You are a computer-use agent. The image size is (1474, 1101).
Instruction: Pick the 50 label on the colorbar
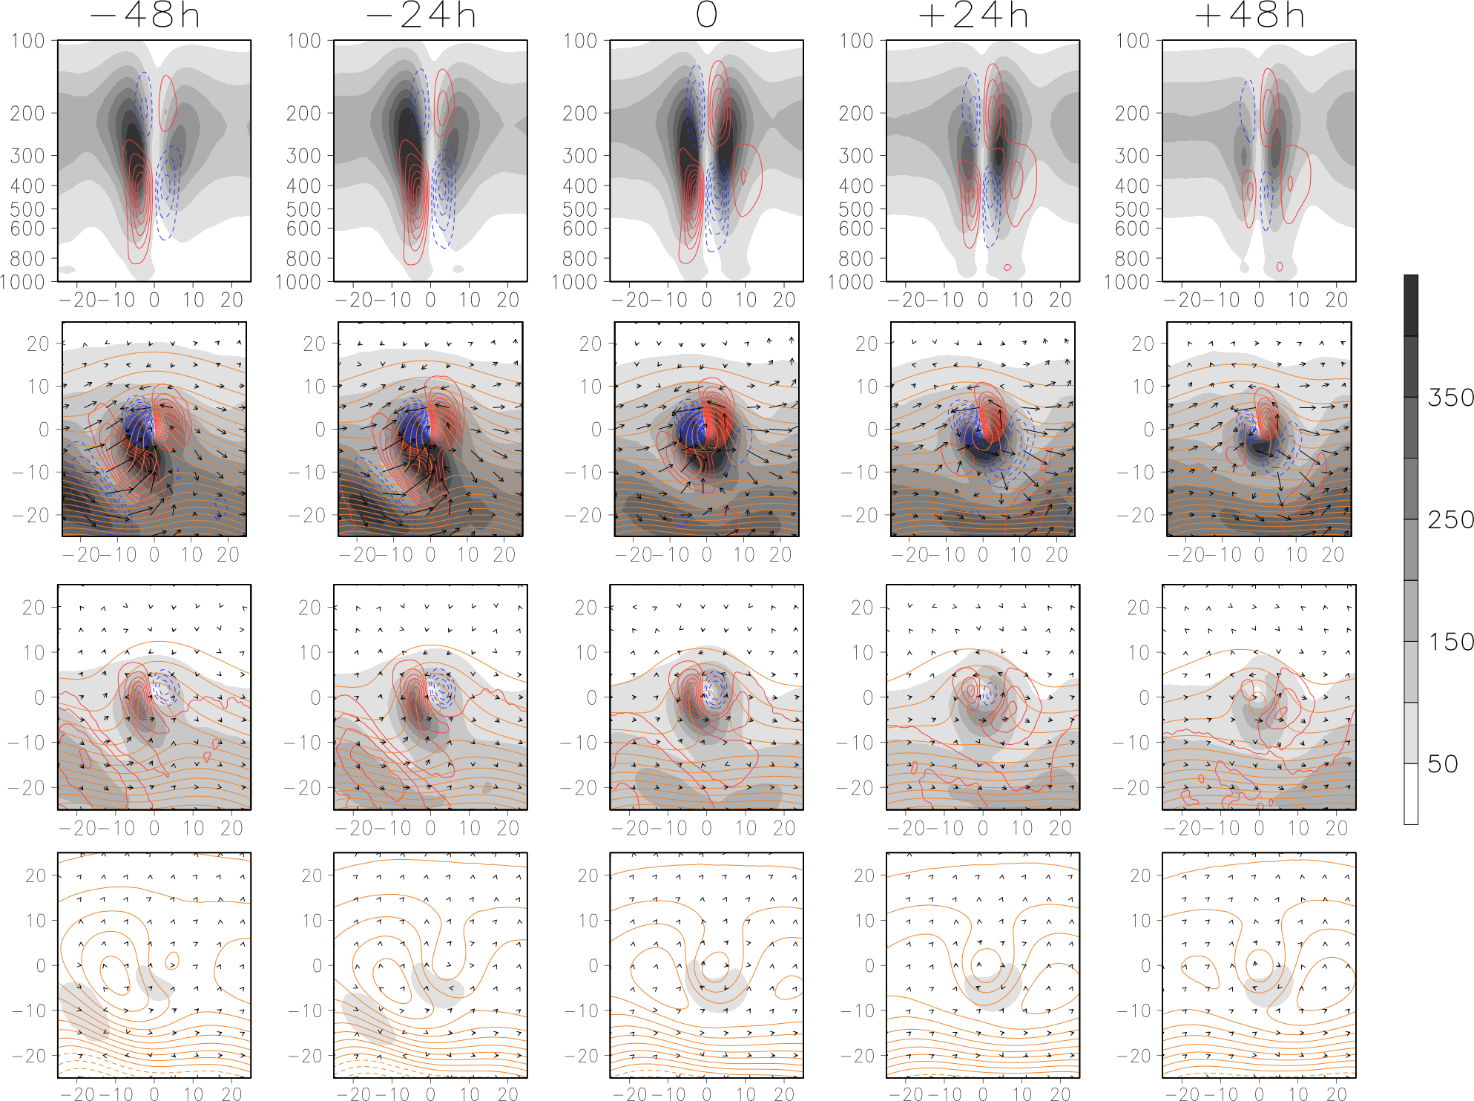tap(1443, 764)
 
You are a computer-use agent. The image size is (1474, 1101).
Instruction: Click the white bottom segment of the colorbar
tap(1410, 794)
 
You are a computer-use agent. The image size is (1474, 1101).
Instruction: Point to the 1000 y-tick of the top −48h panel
tap(22, 282)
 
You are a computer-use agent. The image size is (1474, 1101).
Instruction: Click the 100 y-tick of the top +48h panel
tap(1132, 41)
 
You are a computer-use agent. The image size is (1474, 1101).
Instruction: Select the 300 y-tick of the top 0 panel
tap(579, 156)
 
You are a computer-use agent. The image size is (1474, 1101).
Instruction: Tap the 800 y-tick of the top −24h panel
tap(303, 258)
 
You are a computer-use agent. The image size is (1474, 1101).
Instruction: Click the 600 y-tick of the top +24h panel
tap(856, 229)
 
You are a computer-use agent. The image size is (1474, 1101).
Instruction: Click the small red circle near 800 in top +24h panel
tap(1007, 267)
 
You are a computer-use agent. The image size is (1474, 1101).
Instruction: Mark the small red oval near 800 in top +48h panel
tap(1280, 266)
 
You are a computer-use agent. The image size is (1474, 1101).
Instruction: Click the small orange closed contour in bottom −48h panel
tap(172, 962)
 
